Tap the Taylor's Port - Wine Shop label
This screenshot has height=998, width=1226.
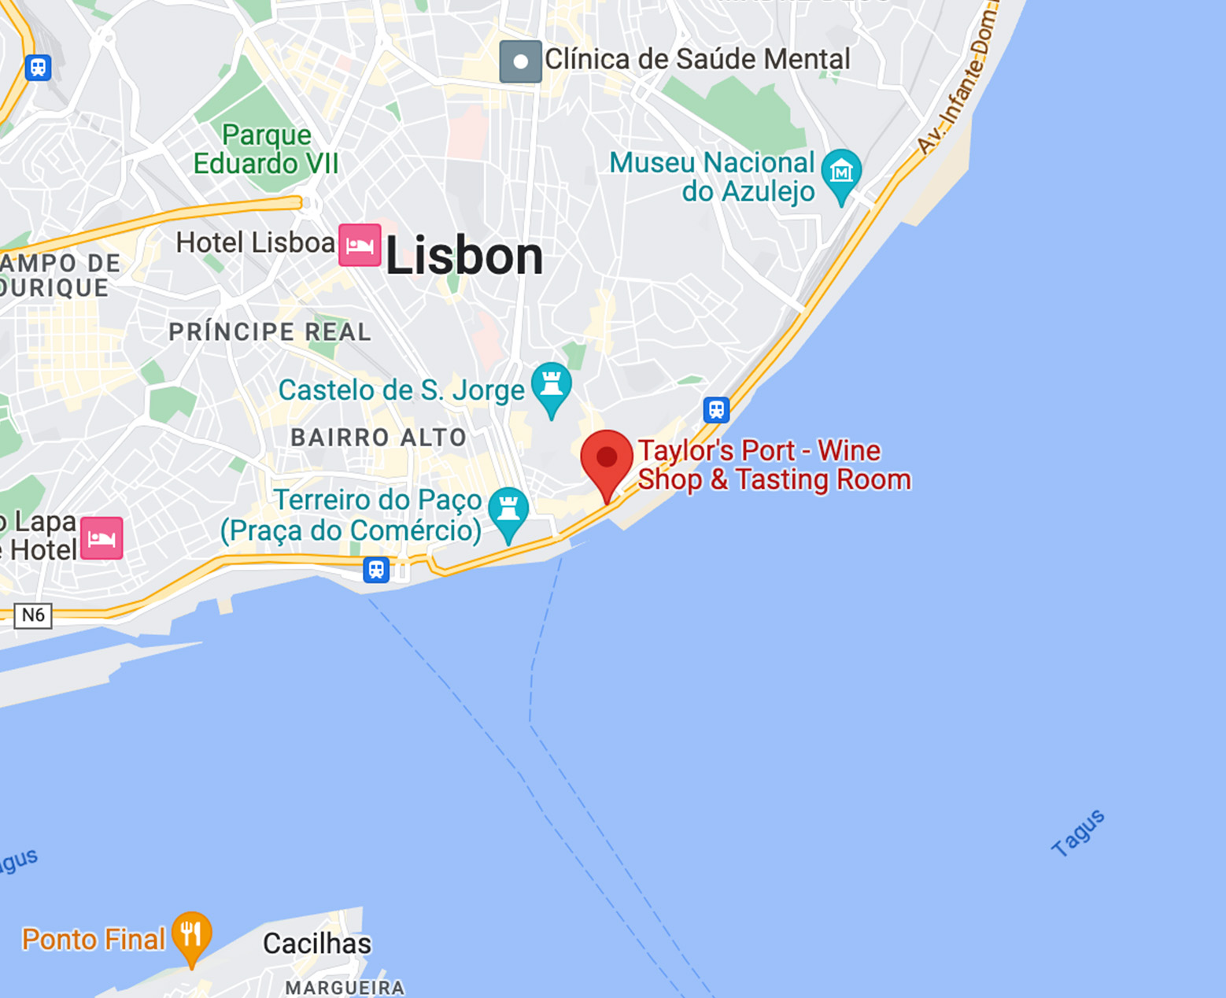pos(774,465)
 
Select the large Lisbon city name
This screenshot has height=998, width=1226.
pos(464,257)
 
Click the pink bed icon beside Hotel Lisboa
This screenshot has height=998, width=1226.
pos(360,245)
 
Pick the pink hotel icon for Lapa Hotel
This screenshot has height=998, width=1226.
pos(102,538)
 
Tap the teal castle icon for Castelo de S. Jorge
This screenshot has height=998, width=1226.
pos(552,385)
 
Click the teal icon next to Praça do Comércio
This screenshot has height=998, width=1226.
pos(508,510)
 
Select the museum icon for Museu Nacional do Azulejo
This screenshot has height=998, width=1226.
pos(841,172)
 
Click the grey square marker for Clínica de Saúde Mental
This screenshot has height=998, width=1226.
pos(520,61)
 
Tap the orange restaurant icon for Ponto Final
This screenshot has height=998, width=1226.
pos(191,934)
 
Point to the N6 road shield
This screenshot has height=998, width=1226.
pos(33,615)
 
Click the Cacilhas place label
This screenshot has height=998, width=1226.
pos(316,943)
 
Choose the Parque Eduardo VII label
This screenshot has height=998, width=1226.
pos(266,150)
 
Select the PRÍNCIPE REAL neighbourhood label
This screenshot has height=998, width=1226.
pos(270,332)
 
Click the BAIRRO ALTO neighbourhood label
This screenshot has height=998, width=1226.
pos(379,438)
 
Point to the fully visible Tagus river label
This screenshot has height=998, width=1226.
pos(1078,833)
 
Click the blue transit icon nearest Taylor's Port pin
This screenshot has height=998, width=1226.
pos(716,409)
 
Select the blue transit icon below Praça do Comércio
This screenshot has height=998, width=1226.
pos(376,569)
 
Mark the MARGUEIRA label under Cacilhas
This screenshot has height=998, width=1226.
pos(345,987)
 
